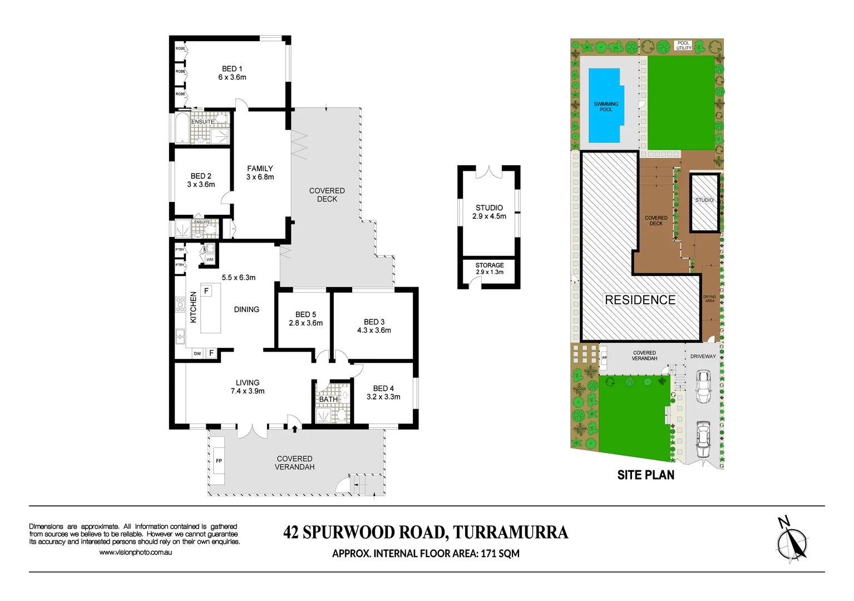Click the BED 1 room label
pyautogui.click(x=232, y=73)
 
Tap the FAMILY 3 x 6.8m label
pyautogui.click(x=260, y=173)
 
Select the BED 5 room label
pyautogui.click(x=305, y=318)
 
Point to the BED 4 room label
pyautogui.click(x=383, y=392)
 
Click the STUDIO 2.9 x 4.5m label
pyautogui.click(x=489, y=212)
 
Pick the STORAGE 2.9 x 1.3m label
pyautogui.click(x=490, y=268)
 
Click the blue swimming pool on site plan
pyautogui.click(x=605, y=106)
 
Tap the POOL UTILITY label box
pyautogui.click(x=683, y=45)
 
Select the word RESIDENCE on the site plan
pyautogui.click(x=640, y=300)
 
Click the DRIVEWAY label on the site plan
pyautogui.click(x=703, y=356)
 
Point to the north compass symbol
pyautogui.click(x=792, y=539)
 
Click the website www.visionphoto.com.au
pyautogui.click(x=135, y=552)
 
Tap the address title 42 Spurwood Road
pyautogui.click(x=426, y=533)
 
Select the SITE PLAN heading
pyautogui.click(x=645, y=475)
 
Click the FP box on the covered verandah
pyautogui.click(x=219, y=461)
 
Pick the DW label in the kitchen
pyautogui.click(x=198, y=353)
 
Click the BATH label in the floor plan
pyautogui.click(x=328, y=399)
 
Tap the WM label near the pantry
pyautogui.click(x=210, y=259)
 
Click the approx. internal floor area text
pyautogui.click(x=426, y=553)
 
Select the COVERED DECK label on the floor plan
pyautogui.click(x=327, y=195)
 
